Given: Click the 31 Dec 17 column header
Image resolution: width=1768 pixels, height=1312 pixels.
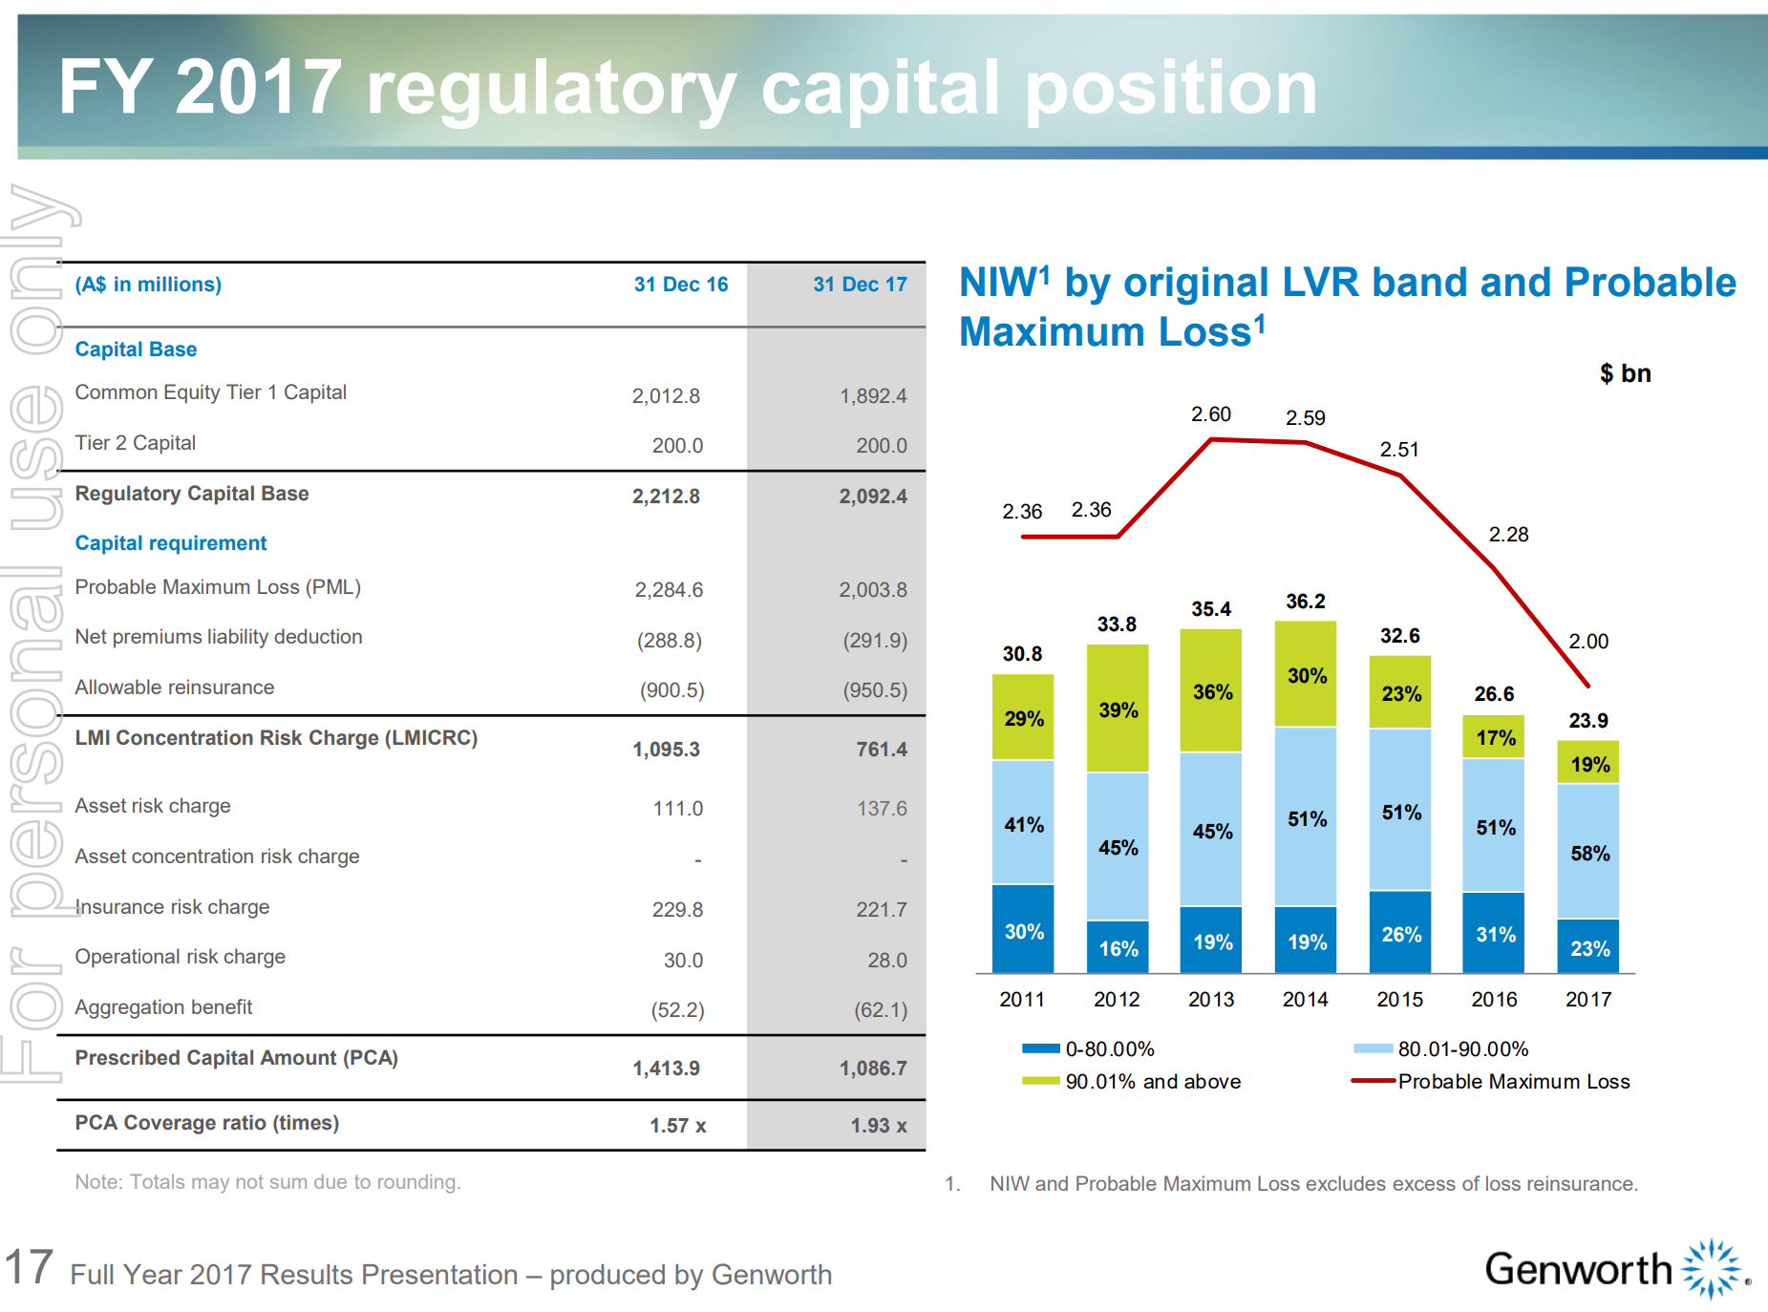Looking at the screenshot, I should pyautogui.click(x=860, y=285).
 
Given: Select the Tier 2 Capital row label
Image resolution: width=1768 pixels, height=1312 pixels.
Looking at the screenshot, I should pyautogui.click(x=136, y=443).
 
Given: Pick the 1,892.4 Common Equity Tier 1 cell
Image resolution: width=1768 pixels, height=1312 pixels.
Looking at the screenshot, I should pyautogui.click(x=873, y=396).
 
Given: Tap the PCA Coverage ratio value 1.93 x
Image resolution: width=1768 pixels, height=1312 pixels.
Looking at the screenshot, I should pyautogui.click(x=879, y=1126).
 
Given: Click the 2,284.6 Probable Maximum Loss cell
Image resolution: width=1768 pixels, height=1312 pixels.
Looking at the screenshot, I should pyautogui.click(x=669, y=590).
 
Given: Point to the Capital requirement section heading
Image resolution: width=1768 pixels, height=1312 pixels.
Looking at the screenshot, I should pyautogui.click(x=171, y=543).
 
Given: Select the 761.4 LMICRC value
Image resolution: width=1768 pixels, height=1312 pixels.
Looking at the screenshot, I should pyautogui.click(x=882, y=750).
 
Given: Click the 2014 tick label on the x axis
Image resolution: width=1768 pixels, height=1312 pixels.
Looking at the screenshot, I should pyautogui.click(x=1305, y=1000).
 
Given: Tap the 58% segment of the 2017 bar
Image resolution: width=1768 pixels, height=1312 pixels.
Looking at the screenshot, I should pyautogui.click(x=1588, y=853).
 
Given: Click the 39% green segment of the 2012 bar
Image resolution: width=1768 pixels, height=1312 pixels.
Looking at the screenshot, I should pyautogui.click(x=1118, y=709).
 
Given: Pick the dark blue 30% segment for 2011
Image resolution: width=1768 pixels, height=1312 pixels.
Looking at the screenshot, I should pyautogui.click(x=1023, y=931).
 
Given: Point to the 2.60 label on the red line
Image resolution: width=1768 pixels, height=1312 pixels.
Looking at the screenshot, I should pyautogui.click(x=1210, y=414).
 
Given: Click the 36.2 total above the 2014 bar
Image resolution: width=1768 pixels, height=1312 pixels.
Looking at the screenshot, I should pyautogui.click(x=1305, y=602).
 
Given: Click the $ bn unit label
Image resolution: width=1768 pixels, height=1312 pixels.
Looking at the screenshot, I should pyautogui.click(x=1625, y=373).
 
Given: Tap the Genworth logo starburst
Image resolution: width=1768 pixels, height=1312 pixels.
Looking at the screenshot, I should pyautogui.click(x=1712, y=1269).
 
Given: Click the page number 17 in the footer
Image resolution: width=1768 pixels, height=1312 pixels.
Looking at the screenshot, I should pyautogui.click(x=29, y=1268).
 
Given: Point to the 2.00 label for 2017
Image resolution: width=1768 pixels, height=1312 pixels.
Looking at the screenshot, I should pyautogui.click(x=1588, y=642).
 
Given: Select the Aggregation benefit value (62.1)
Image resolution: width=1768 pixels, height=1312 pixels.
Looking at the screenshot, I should pyautogui.click(x=881, y=1010).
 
